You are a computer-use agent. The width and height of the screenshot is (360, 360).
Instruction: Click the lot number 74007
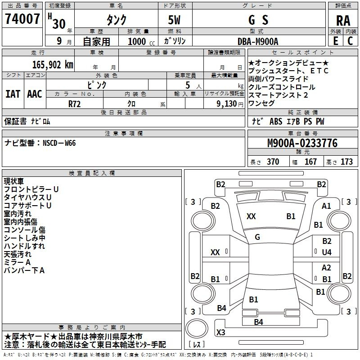tap(22, 19)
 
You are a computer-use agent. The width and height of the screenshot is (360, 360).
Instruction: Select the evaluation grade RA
tap(343, 21)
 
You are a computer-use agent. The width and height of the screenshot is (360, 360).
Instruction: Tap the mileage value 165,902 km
tap(53, 65)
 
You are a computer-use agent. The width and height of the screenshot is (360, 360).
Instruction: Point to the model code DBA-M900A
tap(258, 41)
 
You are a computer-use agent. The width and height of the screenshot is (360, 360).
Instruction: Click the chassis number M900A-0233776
tap(302, 143)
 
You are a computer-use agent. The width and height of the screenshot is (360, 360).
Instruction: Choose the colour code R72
tap(75, 104)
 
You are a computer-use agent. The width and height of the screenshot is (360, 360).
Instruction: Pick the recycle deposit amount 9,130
tap(227, 104)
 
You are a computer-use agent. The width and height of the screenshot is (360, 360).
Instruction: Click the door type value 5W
tap(174, 20)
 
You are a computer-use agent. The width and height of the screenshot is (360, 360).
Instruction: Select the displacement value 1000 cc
tap(141, 41)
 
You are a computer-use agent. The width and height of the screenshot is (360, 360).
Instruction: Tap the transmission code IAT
tap(13, 94)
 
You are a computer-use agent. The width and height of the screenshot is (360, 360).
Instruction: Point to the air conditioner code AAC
tap(35, 94)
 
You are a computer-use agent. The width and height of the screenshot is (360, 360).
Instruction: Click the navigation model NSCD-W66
tap(59, 143)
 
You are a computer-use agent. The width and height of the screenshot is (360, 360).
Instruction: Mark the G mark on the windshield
tap(257, 237)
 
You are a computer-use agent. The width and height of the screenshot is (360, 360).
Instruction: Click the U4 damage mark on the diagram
tap(327, 252)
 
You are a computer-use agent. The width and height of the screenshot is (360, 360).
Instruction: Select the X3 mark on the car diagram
tap(220, 332)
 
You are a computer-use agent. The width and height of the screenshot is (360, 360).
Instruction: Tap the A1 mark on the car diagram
tap(326, 206)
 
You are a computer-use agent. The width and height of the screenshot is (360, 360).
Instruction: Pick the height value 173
tap(346, 162)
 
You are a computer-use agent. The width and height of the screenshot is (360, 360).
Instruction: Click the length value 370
tap(273, 162)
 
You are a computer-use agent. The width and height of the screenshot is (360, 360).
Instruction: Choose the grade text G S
tap(258, 20)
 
